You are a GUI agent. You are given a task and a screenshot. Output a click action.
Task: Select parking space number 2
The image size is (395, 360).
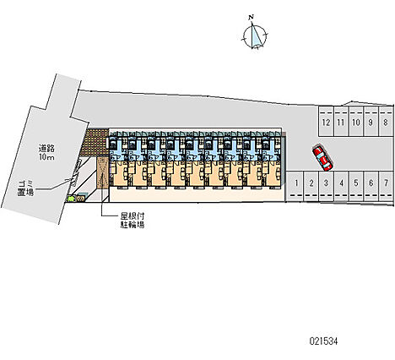pyautogui.click(x=311, y=186)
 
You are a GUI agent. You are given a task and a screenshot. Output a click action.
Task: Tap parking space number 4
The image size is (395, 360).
pyautogui.click(x=341, y=186)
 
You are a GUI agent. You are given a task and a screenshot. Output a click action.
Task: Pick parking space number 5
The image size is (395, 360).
pyautogui.click(x=356, y=186)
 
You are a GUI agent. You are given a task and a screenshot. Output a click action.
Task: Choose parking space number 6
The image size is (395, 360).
pyautogui.click(x=371, y=186)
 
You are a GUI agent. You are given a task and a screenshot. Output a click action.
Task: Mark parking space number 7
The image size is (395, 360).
pyautogui.click(x=386, y=186)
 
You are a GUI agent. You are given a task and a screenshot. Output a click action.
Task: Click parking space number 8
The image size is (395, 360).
pyautogui.click(x=386, y=121)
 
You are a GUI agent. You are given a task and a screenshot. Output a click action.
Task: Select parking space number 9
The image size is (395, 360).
pyautogui.click(x=371, y=121)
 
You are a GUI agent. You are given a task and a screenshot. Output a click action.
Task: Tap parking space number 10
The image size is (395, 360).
pyautogui.click(x=356, y=121)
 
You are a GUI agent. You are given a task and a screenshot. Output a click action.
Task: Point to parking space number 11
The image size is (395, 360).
pyautogui.click(x=341, y=121)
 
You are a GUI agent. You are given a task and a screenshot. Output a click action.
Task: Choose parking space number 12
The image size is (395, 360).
pyautogui.click(x=326, y=121)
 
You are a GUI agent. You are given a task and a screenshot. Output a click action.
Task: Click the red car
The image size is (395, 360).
pyautogui.click(x=322, y=158)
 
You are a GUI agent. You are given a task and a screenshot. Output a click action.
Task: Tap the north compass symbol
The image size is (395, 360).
pyautogui.click(x=255, y=37)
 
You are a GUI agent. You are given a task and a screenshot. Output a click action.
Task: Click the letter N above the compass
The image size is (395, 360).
pyautogui.click(x=252, y=17)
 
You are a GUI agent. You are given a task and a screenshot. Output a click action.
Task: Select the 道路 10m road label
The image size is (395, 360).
pyautogui.click(x=46, y=152)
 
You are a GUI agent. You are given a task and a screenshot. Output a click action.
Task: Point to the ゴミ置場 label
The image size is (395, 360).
pyautogui.click(x=25, y=188)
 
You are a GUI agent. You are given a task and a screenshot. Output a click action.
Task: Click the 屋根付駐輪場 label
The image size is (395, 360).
pyautogui.click(x=133, y=221)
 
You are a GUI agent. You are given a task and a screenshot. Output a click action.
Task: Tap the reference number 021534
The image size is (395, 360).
pyautogui.click(x=323, y=341)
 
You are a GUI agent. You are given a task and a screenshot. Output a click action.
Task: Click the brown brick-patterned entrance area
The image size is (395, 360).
pyautogui.click(x=95, y=142)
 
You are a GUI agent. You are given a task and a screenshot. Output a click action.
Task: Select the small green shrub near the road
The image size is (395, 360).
pyautogui.click(x=71, y=199)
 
